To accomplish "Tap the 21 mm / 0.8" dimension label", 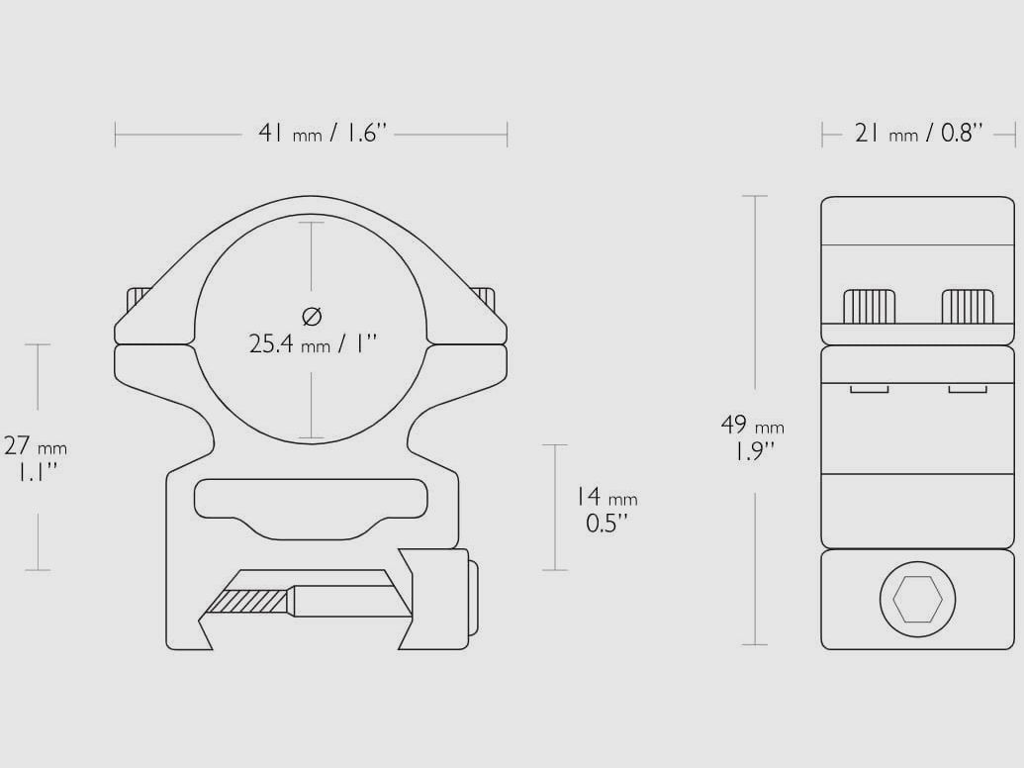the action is (x=918, y=134).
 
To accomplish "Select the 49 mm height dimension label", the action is (x=752, y=426).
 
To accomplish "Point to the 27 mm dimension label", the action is (x=36, y=446).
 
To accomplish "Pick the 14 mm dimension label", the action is (x=606, y=497).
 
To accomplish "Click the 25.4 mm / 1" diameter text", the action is (x=314, y=343).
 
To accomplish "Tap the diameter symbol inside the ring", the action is (x=313, y=316).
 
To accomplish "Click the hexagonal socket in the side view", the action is (x=917, y=600).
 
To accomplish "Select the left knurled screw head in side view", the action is (x=870, y=306).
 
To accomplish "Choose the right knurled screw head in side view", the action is (x=968, y=306).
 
